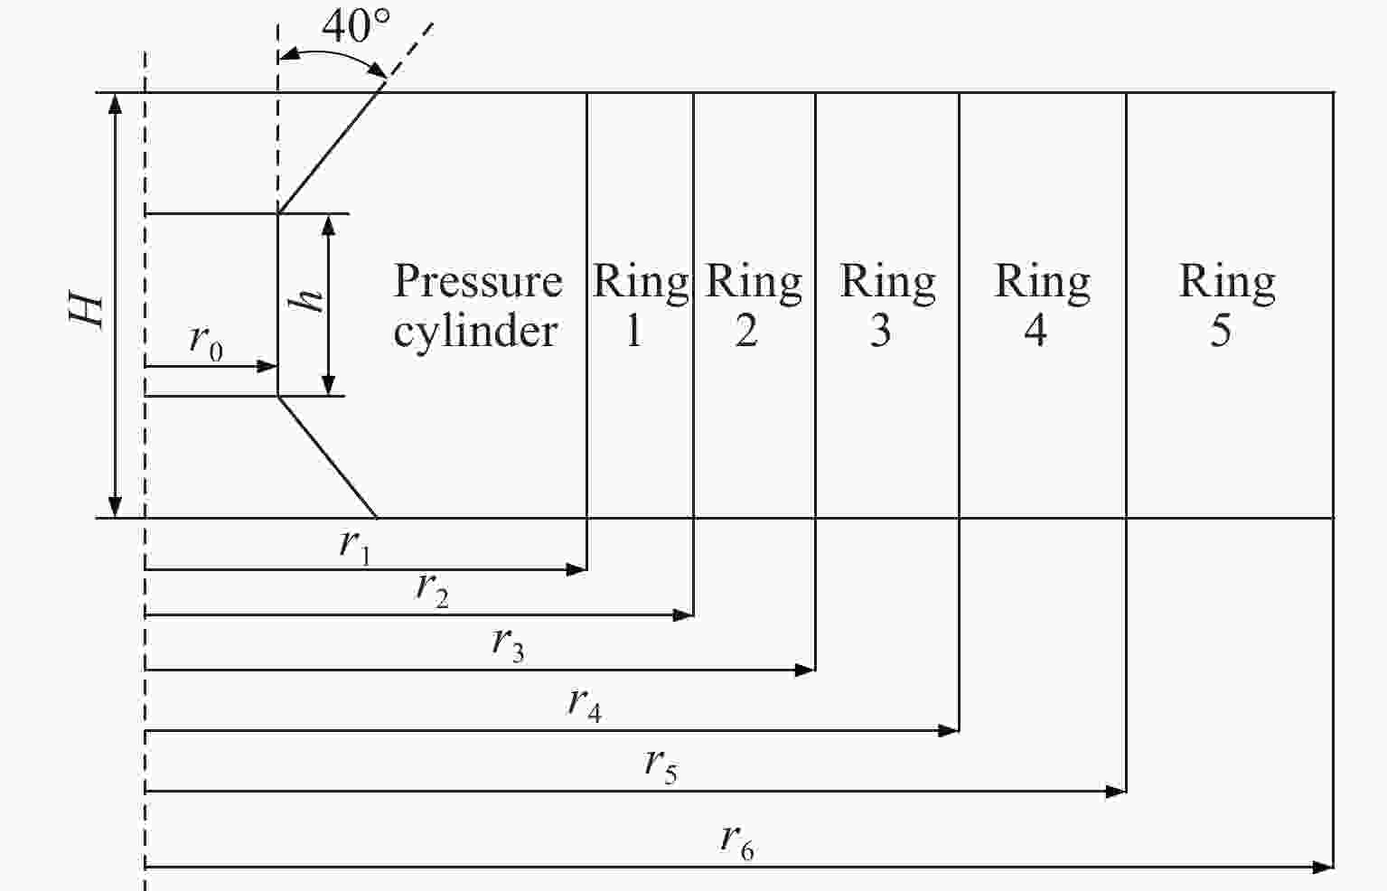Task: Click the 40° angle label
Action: tap(356, 26)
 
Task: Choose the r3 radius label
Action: tap(509, 644)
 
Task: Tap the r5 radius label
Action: tap(661, 765)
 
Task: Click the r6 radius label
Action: tap(736, 842)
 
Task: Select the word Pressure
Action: tap(478, 282)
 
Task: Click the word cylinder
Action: tap(475, 331)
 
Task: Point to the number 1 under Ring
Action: tap(633, 331)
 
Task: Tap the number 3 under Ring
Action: tap(881, 331)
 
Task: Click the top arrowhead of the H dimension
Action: tap(115, 102)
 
